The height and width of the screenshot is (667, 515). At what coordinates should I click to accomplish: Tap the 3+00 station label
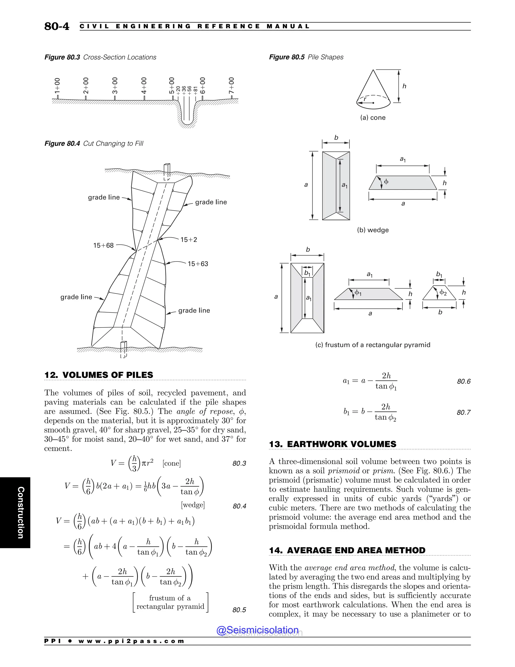point(115,86)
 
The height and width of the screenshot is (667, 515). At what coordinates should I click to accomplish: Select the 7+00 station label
point(232,86)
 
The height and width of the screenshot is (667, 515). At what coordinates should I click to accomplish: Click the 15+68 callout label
point(103,246)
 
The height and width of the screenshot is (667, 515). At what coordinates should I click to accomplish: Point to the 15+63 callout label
point(198,264)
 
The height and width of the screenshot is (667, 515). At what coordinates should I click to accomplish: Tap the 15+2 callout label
point(189,240)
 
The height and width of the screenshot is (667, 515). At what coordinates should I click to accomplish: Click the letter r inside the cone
point(365,99)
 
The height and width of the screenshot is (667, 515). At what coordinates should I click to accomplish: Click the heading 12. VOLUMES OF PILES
point(99,375)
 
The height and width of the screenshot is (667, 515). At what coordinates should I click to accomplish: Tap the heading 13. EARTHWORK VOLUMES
point(332,444)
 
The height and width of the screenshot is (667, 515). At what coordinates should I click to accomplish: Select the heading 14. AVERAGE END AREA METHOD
point(347,550)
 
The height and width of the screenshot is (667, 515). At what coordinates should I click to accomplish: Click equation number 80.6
point(464,381)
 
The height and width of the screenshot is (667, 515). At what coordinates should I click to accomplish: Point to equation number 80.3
point(239,464)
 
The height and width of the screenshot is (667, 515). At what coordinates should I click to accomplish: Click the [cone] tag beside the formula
point(172,463)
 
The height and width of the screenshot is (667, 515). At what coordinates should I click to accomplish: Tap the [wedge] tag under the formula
point(193,505)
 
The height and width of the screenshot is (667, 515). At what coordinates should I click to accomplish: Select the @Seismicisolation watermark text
point(257,630)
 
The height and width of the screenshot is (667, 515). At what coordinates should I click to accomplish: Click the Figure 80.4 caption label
point(62,143)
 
